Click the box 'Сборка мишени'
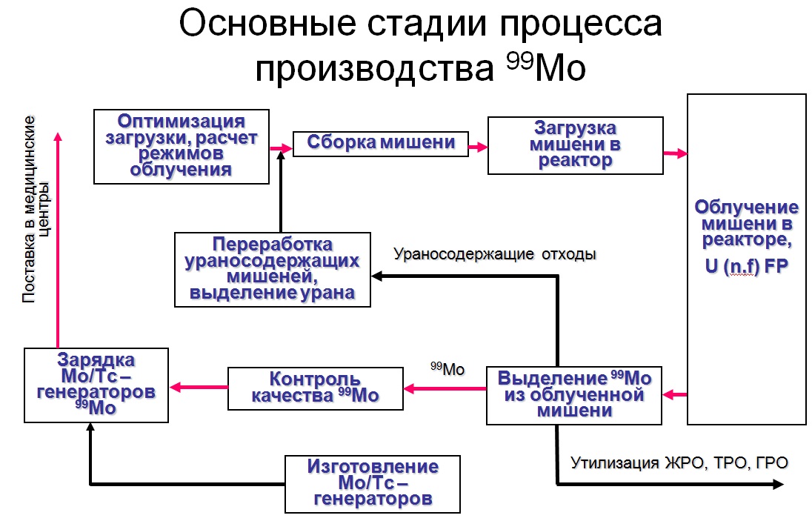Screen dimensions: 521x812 (x=381, y=143)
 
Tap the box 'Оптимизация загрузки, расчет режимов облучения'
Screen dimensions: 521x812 (x=181, y=146)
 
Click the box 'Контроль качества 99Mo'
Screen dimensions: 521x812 (x=315, y=388)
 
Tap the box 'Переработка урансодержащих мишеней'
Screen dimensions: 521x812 (x=272, y=269)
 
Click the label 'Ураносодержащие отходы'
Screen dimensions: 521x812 (x=495, y=254)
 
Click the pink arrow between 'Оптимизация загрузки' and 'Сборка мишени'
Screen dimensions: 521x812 (x=281, y=148)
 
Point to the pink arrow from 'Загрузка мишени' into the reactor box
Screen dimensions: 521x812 (x=674, y=153)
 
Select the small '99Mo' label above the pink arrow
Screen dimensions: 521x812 (x=446, y=368)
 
